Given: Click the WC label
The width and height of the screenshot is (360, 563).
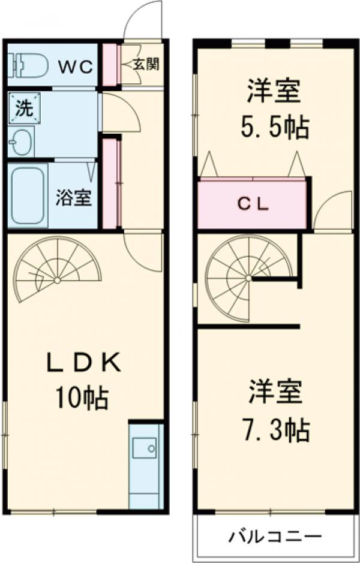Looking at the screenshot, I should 75,65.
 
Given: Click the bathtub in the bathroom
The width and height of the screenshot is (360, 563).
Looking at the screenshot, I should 28,195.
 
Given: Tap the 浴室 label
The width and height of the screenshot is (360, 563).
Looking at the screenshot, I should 74,198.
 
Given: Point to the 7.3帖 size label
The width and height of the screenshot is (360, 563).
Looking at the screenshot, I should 277,429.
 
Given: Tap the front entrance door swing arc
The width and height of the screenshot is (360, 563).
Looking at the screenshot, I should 143,21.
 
